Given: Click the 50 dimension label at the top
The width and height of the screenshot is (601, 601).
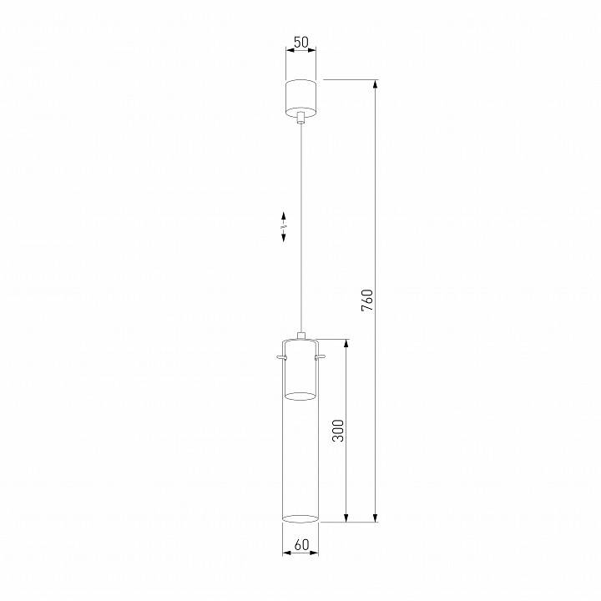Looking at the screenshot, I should (x=300, y=40).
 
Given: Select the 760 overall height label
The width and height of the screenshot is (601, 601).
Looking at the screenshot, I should (x=367, y=300).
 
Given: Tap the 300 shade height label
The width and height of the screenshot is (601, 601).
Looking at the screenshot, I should (x=338, y=429).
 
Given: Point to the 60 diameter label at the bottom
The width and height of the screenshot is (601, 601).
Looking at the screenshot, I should (x=300, y=545).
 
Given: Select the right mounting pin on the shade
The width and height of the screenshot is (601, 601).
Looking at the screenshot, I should (x=322, y=357).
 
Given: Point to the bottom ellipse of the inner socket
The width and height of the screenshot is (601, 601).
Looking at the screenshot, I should (x=300, y=395).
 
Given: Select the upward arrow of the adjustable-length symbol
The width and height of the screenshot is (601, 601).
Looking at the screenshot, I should (x=284, y=215).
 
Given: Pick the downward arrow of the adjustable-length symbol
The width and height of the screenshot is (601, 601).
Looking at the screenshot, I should (x=284, y=238).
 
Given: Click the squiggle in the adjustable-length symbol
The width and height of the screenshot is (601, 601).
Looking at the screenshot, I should (x=284, y=226).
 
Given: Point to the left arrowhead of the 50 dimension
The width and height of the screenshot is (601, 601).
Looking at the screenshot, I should (x=289, y=51).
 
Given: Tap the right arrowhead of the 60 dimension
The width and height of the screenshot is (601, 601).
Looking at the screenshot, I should (x=315, y=553).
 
